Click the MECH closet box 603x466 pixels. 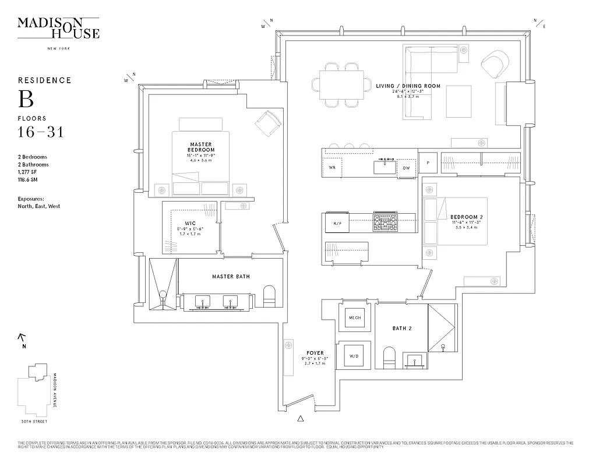[354, 318]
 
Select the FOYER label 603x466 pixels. [315, 353]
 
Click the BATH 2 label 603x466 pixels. [402, 329]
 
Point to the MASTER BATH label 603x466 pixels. [231, 276]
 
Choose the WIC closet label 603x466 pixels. [190, 223]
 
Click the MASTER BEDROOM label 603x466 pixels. [200, 147]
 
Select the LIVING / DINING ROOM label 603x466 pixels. [408, 86]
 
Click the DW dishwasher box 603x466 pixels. [406, 168]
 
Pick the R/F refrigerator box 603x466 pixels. [337, 224]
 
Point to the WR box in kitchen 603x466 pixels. [332, 168]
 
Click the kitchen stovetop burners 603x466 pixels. [385, 221]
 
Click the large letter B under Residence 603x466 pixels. [26, 100]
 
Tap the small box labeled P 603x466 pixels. [428, 163]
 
